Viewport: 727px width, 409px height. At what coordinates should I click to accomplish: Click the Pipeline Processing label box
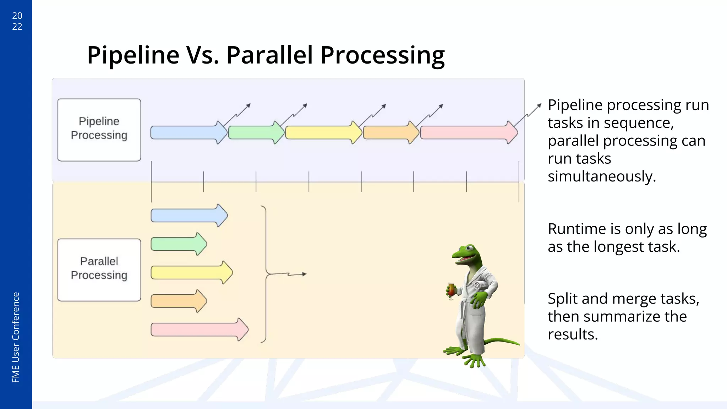(x=99, y=130)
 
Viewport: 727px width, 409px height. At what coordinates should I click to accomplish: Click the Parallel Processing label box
(x=99, y=270)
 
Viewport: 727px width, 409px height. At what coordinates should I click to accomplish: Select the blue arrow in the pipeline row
(x=186, y=132)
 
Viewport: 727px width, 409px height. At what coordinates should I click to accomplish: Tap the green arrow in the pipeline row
(x=254, y=132)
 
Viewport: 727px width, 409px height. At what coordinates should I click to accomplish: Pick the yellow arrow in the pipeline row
(x=321, y=132)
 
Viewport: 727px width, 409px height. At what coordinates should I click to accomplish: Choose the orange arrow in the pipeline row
(x=389, y=132)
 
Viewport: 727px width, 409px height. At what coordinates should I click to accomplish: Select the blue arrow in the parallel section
(x=186, y=216)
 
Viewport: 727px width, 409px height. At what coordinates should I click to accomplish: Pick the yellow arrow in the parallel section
(x=190, y=273)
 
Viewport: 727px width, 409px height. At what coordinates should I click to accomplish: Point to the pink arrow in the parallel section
(x=197, y=329)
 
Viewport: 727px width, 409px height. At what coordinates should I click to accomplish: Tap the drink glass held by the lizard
(x=451, y=290)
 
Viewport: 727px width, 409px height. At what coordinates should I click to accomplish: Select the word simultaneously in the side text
(x=602, y=176)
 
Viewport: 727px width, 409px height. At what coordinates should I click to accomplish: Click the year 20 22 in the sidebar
(x=17, y=21)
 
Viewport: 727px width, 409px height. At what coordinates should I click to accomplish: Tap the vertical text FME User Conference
(x=16, y=337)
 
